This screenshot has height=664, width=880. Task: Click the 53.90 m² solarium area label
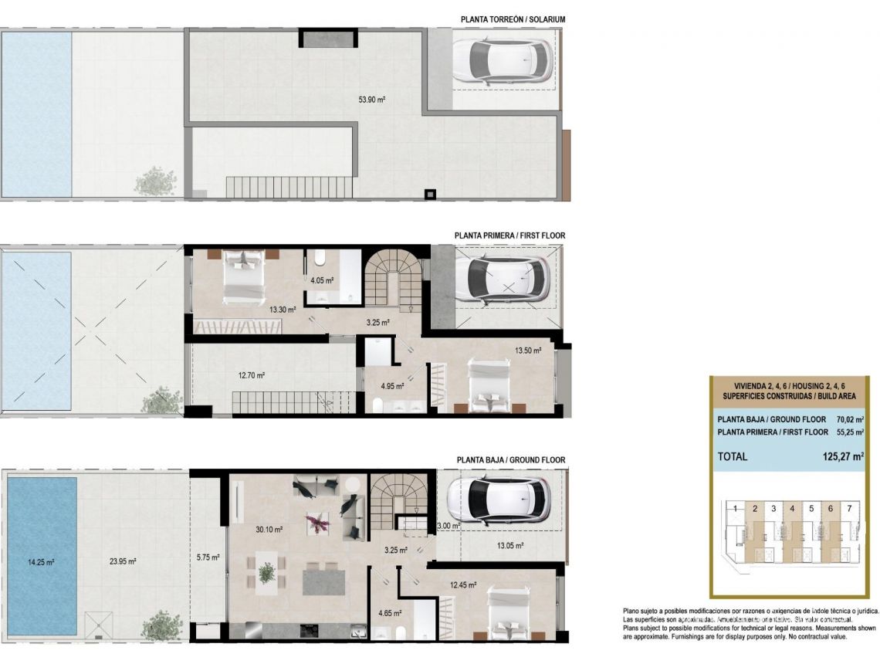[372, 100]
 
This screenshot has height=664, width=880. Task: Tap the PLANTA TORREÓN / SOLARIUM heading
[513, 19]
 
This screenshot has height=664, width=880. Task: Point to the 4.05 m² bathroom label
[322, 281]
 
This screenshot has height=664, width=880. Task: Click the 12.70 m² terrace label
[252, 375]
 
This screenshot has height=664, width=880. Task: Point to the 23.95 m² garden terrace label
[123, 561]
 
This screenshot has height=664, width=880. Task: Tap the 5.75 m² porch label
[208, 557]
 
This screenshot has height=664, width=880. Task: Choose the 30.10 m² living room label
[269, 530]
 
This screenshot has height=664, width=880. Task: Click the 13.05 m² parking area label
[509, 545]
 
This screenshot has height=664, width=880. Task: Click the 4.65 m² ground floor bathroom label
[391, 615]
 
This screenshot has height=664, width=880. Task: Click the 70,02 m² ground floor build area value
[844, 420]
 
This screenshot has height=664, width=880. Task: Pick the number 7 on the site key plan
[849, 509]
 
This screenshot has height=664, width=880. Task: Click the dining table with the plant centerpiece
[266, 572]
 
